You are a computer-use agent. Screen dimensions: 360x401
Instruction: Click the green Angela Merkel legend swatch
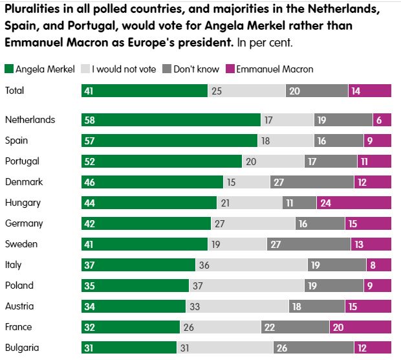pos(8,69)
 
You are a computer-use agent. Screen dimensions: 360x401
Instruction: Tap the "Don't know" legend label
pos(196,69)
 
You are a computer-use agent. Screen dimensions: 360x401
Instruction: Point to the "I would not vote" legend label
pos(124,69)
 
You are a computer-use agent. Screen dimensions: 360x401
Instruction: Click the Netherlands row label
pos(30,120)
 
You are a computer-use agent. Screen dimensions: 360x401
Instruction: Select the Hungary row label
pos(23,203)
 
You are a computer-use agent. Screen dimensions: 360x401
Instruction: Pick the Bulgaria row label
pos(21,348)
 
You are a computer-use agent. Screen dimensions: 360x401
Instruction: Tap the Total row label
pos(14,91)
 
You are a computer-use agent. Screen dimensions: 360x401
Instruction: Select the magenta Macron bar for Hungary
pos(354,203)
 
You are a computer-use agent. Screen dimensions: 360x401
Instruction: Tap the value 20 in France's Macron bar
pos(338,327)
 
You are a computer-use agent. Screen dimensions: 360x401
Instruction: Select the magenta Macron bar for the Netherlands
pos(382,120)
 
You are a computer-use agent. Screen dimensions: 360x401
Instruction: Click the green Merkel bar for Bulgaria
pos(129,348)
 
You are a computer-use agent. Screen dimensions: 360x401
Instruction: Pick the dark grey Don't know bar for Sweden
pos(309,244)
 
